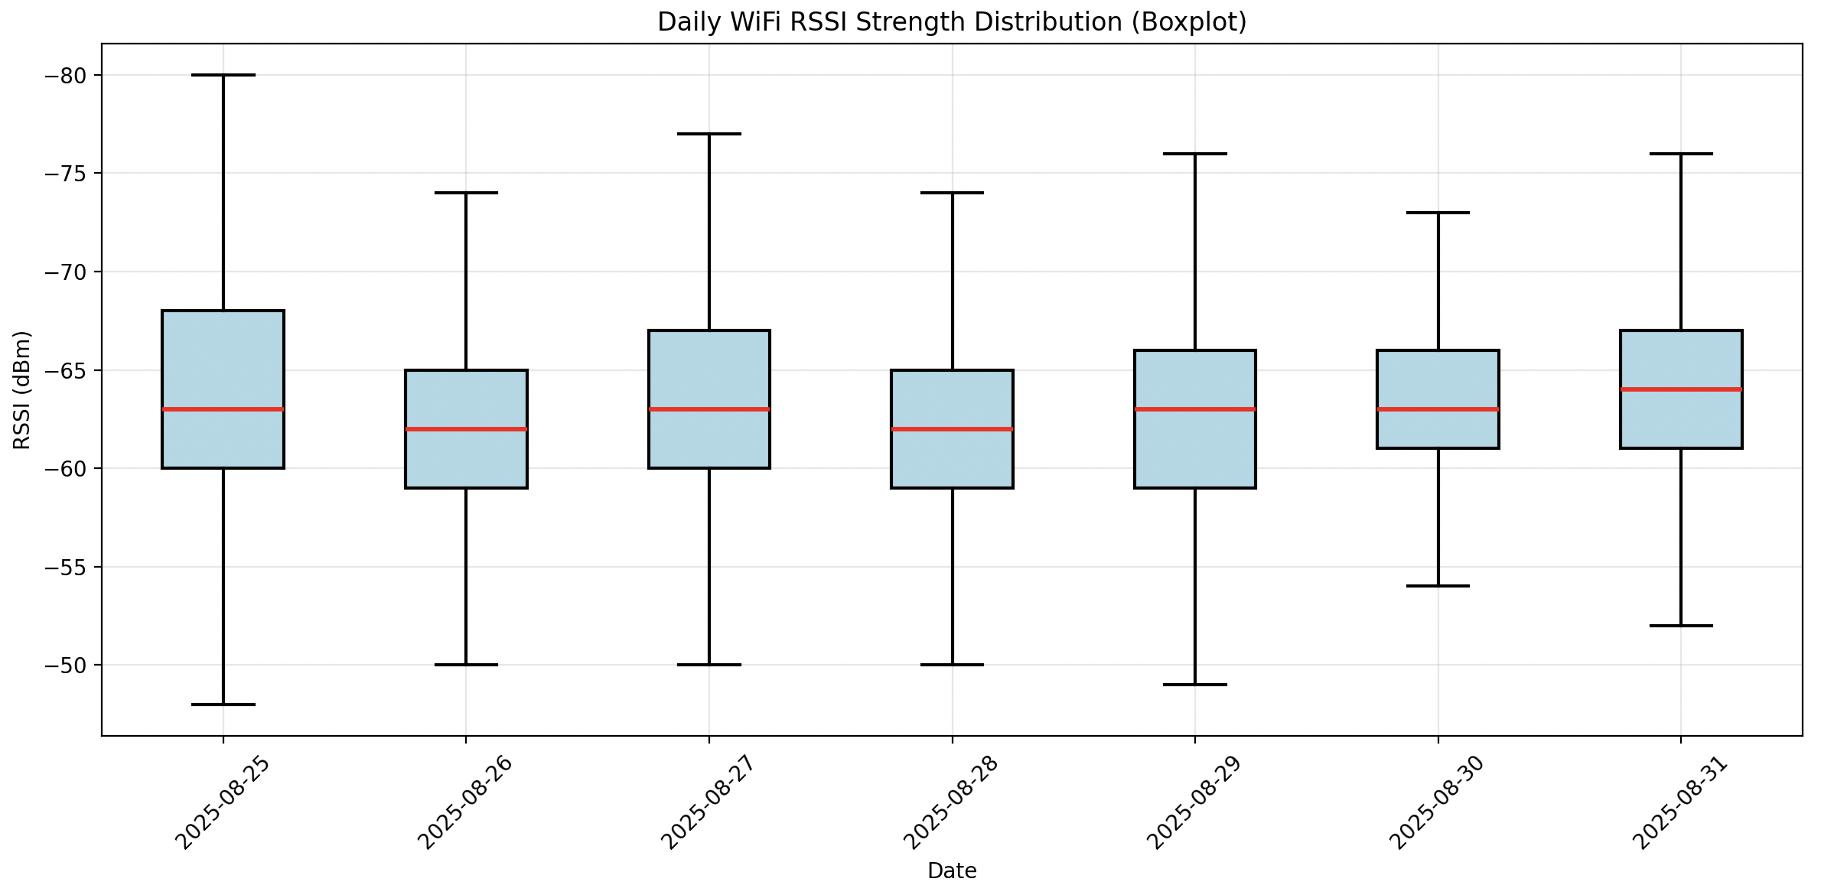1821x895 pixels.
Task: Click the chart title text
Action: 952,22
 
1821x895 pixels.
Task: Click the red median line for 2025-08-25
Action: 223,409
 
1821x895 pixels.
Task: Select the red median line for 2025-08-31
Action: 1681,389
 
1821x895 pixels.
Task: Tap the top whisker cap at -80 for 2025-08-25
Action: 223,75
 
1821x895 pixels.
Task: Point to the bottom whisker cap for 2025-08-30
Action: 1438,586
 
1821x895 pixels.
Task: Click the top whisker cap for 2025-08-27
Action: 709,134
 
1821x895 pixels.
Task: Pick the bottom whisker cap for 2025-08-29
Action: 1195,685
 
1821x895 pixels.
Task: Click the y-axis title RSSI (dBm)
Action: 22,389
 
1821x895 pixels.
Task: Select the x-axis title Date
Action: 952,871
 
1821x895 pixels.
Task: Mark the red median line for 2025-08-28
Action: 952,429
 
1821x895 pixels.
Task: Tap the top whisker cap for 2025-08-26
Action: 466,193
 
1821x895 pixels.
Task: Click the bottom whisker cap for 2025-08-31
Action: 1681,626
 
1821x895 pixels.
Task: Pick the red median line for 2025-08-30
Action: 1438,409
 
